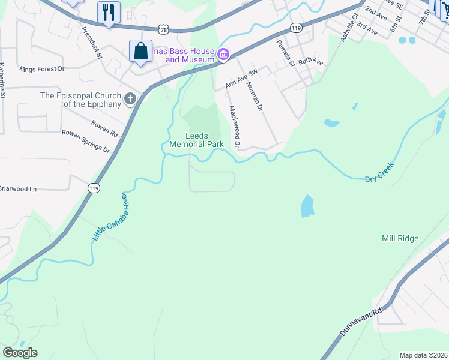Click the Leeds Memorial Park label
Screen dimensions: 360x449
click(196, 140)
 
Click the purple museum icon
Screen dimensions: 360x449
click(223, 55)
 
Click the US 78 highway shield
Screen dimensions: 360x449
click(164, 28)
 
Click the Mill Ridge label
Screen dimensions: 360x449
click(400, 238)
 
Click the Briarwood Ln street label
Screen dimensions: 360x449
click(18, 188)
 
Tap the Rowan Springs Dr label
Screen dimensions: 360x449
click(86, 142)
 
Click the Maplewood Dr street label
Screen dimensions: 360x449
click(234, 127)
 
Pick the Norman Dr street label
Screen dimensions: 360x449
click(255, 97)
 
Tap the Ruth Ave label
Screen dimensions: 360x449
click(310, 61)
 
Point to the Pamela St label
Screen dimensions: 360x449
click(284, 53)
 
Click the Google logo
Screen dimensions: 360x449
click(20, 353)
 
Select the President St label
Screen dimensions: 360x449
click(92, 43)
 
